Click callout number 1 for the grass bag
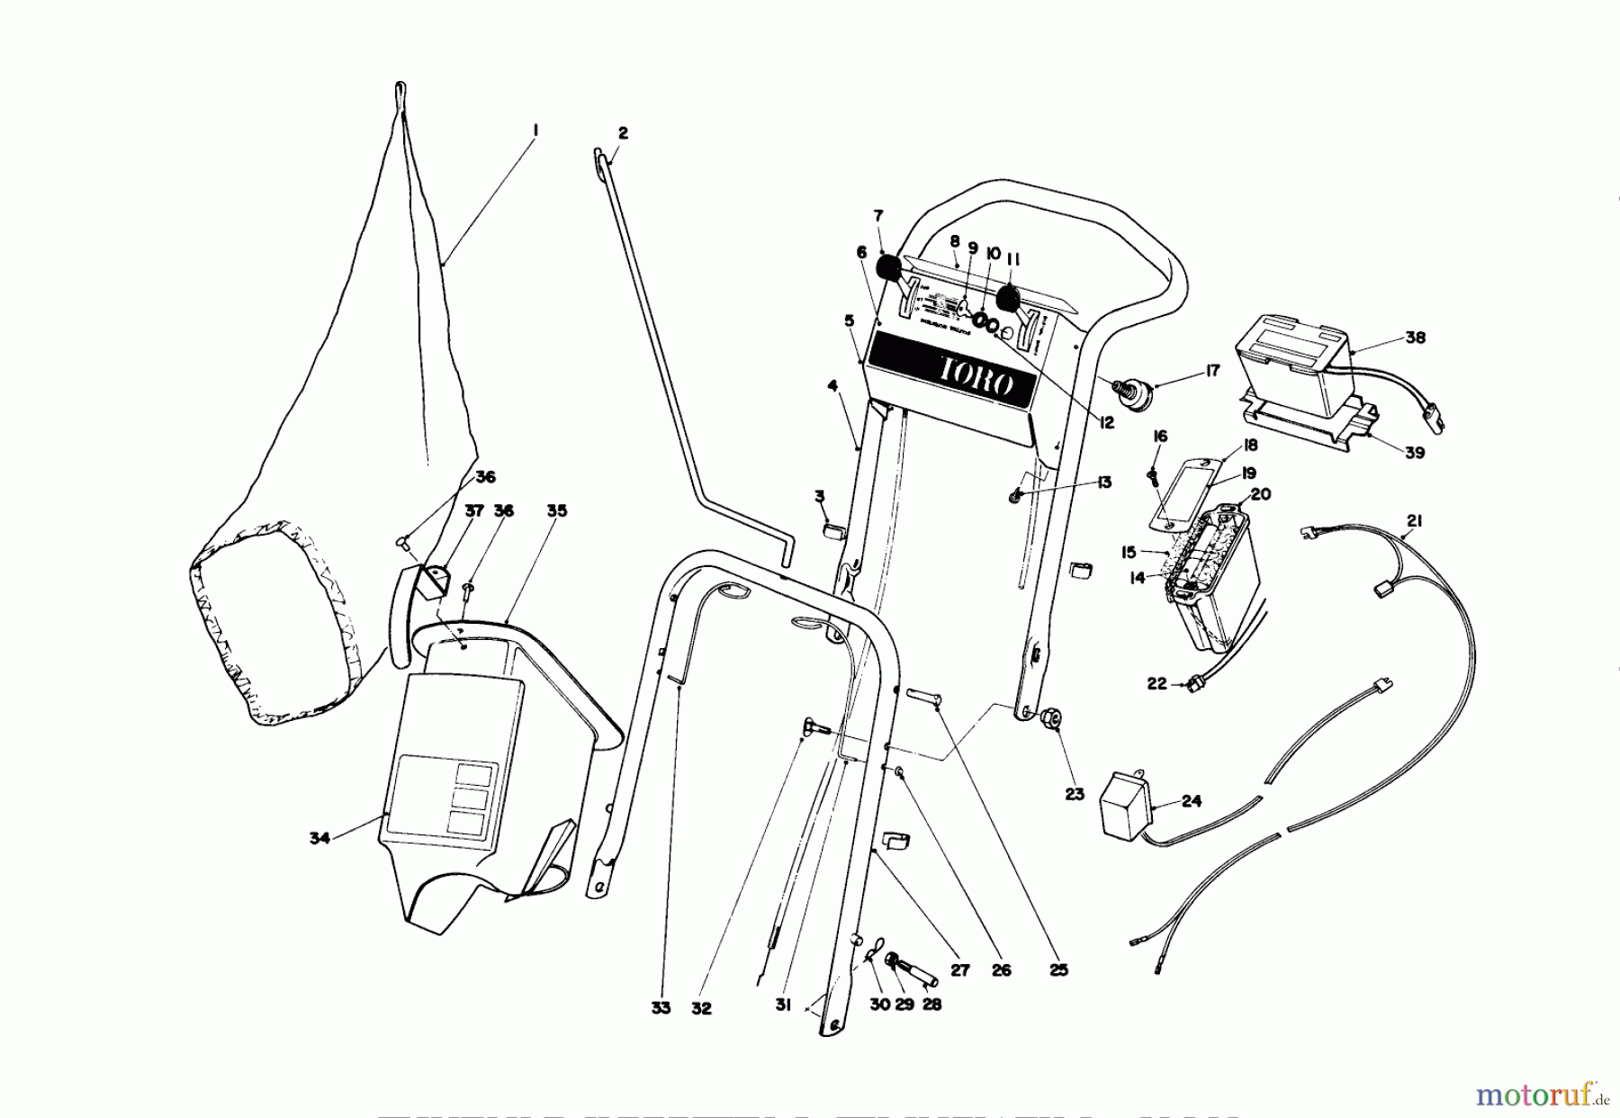(535, 131)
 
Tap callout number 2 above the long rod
(623, 133)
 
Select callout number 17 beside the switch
(1212, 371)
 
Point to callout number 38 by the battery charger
(1416, 338)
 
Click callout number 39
(1415, 453)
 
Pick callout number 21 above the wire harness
(1415, 520)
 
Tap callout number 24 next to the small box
(1192, 801)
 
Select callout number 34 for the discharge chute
(319, 838)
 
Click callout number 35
(557, 510)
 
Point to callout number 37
(474, 510)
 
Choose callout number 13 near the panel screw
(1104, 482)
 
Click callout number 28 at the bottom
(932, 1004)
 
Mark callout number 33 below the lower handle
(661, 1008)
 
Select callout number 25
(1058, 970)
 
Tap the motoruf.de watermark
(1544, 1095)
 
